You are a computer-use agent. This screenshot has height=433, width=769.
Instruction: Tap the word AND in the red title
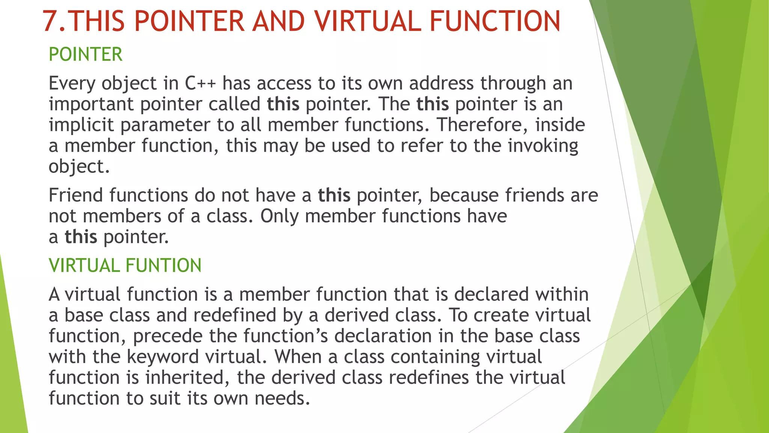[x=278, y=21]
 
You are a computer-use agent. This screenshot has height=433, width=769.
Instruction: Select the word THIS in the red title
[x=97, y=21]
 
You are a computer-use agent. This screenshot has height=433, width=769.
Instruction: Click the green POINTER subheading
[x=86, y=55]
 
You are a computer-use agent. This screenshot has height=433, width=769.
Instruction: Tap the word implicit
[x=81, y=125]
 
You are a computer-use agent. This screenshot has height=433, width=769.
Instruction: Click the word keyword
[x=163, y=357]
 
